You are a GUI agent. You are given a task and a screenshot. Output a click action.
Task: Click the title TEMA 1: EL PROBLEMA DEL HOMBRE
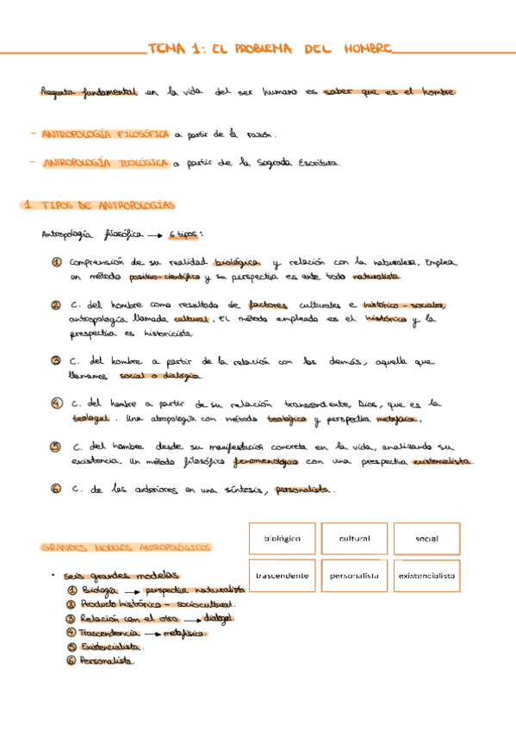pyautogui.click(x=269, y=49)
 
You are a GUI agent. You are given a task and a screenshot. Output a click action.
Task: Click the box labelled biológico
pyautogui.click(x=283, y=539)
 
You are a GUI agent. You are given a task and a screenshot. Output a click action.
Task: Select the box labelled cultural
pyautogui.click(x=354, y=539)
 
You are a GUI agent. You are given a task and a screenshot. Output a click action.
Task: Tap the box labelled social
pyautogui.click(x=426, y=539)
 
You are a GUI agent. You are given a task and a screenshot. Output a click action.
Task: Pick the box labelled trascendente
pyautogui.click(x=283, y=576)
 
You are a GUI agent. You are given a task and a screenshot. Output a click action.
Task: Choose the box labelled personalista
pyautogui.click(x=354, y=576)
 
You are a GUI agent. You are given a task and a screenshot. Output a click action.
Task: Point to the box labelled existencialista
pyautogui.click(x=426, y=576)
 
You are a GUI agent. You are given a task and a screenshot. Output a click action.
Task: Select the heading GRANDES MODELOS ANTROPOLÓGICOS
pyautogui.click(x=126, y=547)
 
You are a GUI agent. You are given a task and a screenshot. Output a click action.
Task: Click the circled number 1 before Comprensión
pyautogui.click(x=56, y=262)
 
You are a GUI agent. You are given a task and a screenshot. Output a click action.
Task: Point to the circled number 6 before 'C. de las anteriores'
pyautogui.click(x=55, y=489)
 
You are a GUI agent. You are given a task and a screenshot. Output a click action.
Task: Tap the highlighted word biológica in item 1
pyautogui.click(x=236, y=262)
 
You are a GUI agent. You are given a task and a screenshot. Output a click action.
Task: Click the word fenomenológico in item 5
pyautogui.click(x=264, y=461)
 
